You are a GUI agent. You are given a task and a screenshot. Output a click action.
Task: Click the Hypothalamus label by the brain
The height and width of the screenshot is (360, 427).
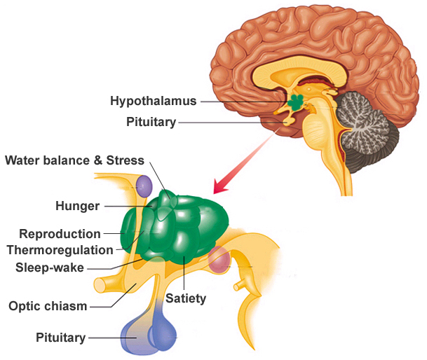click(154, 101)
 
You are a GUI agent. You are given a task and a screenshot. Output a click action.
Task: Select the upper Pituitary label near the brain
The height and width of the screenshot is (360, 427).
click(151, 122)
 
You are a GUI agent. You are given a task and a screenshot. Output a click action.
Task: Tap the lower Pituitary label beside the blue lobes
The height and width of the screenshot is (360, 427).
click(60, 338)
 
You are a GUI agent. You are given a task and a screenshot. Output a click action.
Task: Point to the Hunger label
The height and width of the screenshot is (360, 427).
click(78, 206)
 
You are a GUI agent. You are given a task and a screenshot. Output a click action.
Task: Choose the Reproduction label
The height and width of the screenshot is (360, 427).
click(60, 234)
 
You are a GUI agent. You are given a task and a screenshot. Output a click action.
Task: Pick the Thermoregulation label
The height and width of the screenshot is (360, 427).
click(60, 250)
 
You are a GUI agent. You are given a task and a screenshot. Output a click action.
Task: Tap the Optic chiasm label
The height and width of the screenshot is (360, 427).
click(48, 305)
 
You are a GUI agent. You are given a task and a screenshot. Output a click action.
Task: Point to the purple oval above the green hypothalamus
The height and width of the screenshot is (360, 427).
click(144, 186)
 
